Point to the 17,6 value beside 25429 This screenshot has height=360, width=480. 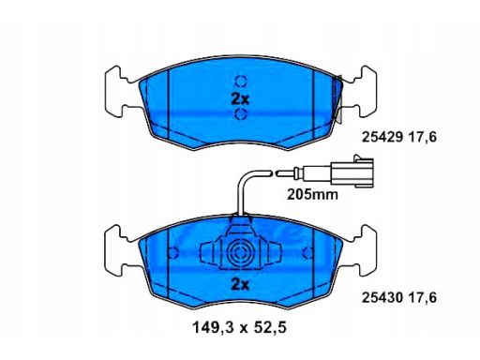424,137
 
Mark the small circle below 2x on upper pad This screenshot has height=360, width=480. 239,114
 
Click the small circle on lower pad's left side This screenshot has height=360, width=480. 172,253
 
